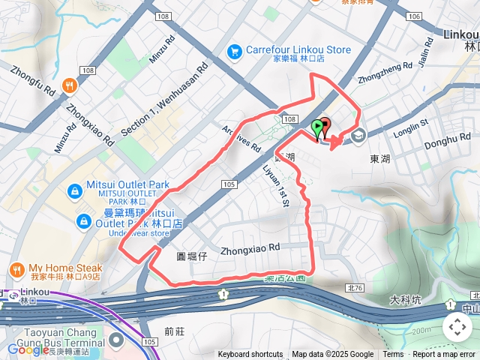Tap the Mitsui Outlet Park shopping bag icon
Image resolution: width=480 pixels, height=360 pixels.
pos(75,191)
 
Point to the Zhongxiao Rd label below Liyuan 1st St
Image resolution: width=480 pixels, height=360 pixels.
pos(250,247)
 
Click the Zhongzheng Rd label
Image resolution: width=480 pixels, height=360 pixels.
pos(385,73)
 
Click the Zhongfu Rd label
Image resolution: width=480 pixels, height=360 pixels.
pos(34,79)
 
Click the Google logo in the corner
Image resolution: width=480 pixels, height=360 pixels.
pos(28,349)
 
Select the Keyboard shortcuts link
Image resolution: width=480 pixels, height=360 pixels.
pos(250,355)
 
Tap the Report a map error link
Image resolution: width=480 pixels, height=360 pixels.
pos(445,355)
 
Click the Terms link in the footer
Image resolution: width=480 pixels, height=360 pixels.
pos(393,355)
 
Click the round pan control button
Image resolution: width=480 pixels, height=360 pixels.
pos(457,327)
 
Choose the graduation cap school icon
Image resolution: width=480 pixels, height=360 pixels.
pos(357,136)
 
